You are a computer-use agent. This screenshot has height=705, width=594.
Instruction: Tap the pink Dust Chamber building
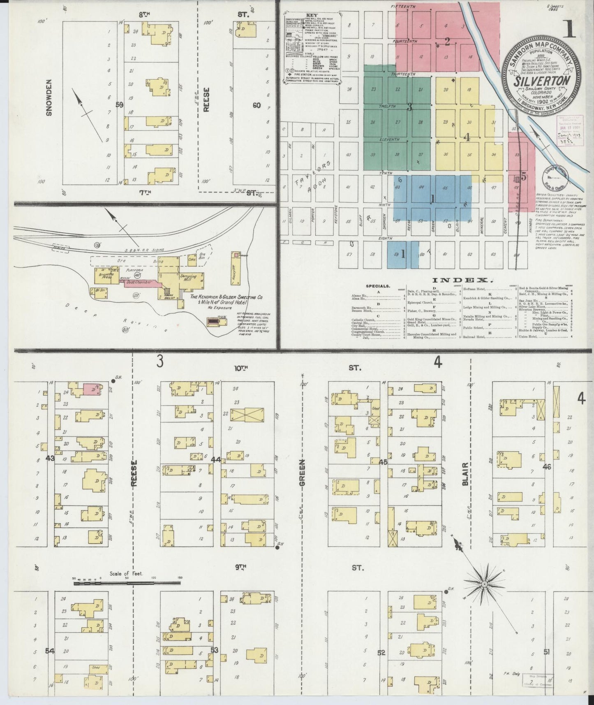tap(140, 284)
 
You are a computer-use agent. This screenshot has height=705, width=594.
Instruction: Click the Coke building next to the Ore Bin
tap(192, 260)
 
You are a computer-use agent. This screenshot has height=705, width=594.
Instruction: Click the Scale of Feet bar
tap(127, 583)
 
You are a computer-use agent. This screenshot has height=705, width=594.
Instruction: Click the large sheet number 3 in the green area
tap(409, 108)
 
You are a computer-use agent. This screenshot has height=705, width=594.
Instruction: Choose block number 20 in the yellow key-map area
tap(446, 90)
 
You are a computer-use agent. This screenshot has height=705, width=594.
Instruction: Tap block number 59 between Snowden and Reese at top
tap(119, 105)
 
